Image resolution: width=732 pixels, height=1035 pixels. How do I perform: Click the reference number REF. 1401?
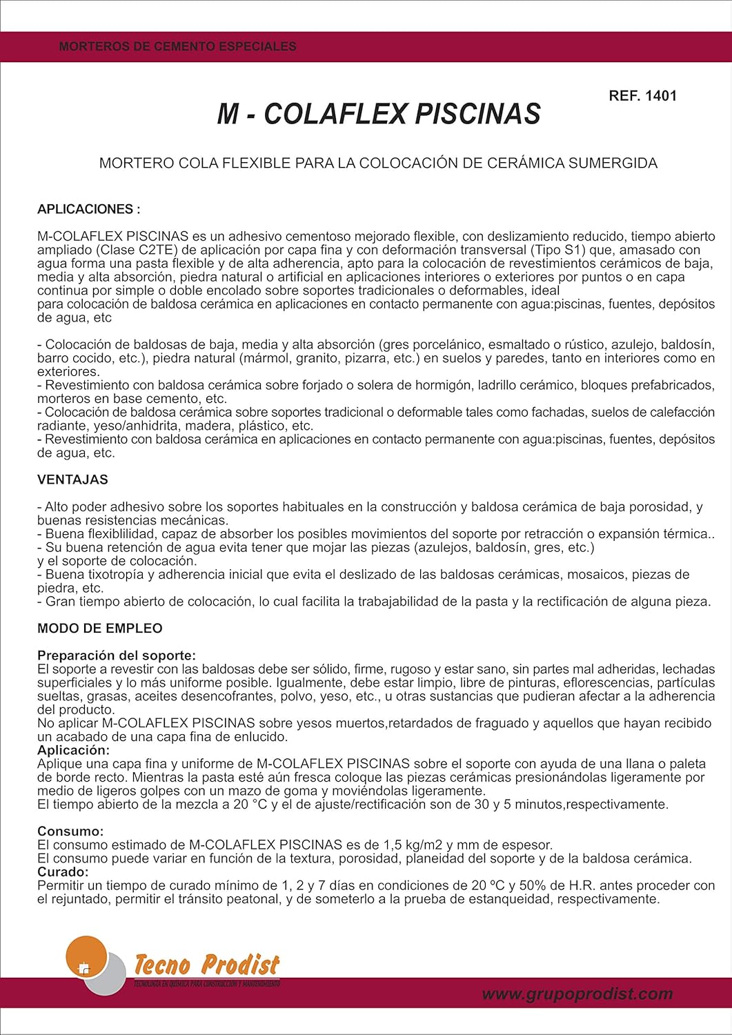[x=642, y=97]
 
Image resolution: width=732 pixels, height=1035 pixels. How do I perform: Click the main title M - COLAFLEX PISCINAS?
[x=379, y=115]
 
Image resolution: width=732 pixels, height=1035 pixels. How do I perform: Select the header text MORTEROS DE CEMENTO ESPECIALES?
[x=177, y=47]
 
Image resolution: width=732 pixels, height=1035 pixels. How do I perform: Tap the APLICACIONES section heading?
[x=88, y=209]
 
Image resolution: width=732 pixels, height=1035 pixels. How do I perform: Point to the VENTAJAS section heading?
[x=72, y=480]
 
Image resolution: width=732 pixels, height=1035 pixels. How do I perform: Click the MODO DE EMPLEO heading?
[x=99, y=629]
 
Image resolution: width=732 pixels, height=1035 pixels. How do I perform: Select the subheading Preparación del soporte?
[x=116, y=655]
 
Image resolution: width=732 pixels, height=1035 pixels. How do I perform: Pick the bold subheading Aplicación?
[x=73, y=750]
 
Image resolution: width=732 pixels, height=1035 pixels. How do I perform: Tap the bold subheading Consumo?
[x=70, y=831]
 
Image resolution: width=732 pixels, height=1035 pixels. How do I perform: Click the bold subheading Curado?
[x=63, y=872]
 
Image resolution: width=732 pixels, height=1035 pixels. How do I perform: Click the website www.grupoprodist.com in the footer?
[x=577, y=994]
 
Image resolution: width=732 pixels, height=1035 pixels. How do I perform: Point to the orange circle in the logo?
[x=86, y=955]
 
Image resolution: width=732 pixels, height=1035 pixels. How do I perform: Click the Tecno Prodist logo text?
[x=206, y=964]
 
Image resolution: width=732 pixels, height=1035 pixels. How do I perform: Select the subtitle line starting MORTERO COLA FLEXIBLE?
[x=378, y=164]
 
